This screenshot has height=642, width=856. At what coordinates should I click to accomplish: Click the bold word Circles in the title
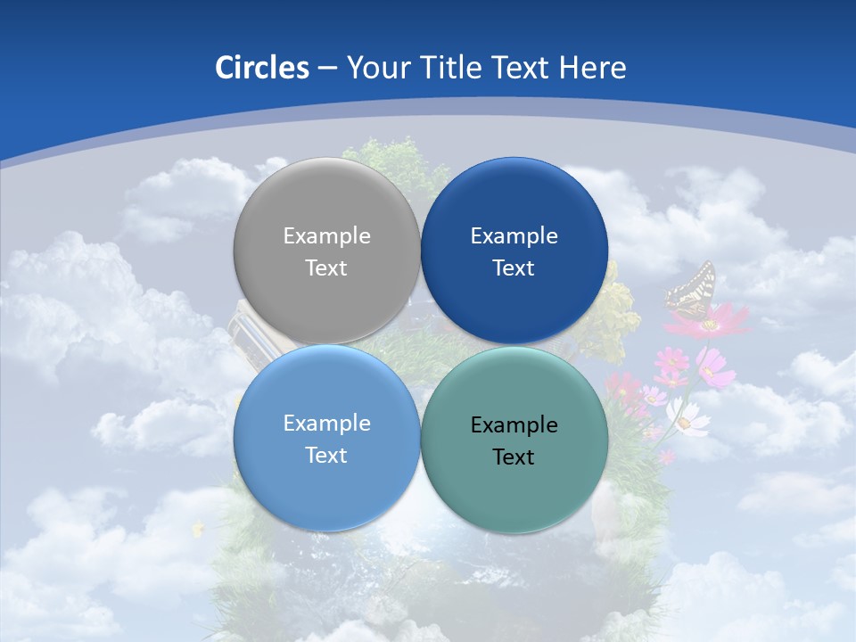click(x=261, y=68)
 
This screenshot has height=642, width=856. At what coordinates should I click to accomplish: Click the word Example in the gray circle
click(x=326, y=236)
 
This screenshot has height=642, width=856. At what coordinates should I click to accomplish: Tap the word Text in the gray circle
click(x=326, y=268)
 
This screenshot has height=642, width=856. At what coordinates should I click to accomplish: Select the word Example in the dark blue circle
click(x=514, y=236)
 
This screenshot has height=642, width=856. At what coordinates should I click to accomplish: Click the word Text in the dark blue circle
click(x=514, y=268)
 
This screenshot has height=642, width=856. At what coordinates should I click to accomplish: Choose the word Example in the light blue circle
click(x=326, y=424)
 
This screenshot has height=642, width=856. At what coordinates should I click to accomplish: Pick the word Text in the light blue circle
click(x=326, y=456)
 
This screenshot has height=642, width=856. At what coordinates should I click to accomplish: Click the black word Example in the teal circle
click(x=514, y=425)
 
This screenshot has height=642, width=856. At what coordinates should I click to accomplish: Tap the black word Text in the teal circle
click(x=514, y=457)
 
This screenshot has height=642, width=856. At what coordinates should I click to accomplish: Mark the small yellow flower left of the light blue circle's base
click(x=198, y=530)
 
